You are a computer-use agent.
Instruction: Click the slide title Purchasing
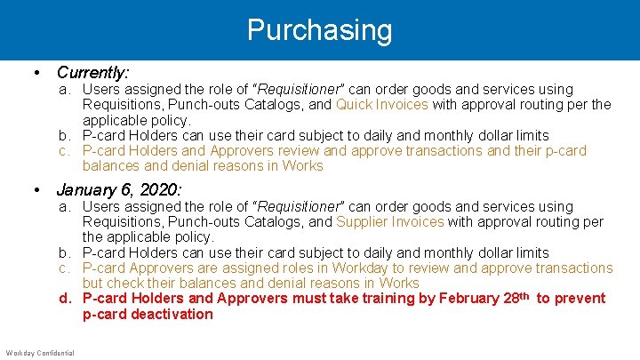[x=319, y=30]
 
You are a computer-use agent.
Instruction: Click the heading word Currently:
[x=92, y=72]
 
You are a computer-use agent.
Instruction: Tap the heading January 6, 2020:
[x=119, y=189]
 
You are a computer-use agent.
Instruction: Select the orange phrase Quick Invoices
[x=381, y=105]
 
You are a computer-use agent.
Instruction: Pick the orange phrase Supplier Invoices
[x=390, y=222]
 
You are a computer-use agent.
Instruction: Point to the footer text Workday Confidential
[x=40, y=353]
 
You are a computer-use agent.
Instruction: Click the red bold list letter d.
[x=65, y=299]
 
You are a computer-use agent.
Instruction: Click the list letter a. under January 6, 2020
[x=66, y=206]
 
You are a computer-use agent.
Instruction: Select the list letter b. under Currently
[x=66, y=136]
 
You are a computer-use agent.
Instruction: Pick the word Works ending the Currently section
[x=304, y=166]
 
